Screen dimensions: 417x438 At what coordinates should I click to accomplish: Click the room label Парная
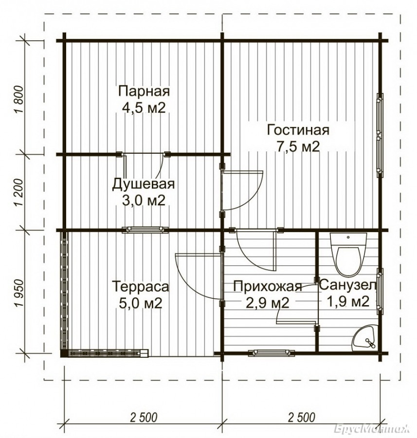pos(144,91)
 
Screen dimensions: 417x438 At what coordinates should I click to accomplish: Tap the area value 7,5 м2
pos(298,146)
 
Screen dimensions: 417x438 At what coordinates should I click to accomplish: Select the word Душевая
pos(143,184)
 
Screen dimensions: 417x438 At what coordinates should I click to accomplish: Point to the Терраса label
pos(141,287)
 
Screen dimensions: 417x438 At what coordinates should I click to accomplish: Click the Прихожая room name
pos(268,287)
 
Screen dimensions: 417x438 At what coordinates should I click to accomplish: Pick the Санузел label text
pos(348,286)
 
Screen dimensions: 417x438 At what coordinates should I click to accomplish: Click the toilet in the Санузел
pos(348,254)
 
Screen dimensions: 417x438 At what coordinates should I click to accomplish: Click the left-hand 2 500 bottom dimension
pos(144,418)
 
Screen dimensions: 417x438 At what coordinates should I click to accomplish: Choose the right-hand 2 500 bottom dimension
pos(301,418)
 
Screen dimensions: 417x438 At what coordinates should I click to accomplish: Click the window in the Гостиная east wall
pos(380,135)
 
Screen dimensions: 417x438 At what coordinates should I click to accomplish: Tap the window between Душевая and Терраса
pos(145,230)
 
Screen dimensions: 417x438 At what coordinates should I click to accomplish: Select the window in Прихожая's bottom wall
pos(272,353)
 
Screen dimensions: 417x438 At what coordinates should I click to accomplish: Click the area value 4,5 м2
pos(144,108)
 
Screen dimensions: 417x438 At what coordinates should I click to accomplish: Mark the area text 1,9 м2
pos(348,301)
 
